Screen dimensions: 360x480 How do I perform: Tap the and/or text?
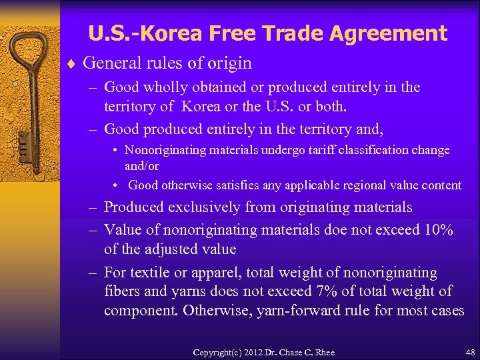coord(142,165)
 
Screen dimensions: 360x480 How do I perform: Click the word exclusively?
coord(199,208)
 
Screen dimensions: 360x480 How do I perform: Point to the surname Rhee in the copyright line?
coord(323,352)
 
